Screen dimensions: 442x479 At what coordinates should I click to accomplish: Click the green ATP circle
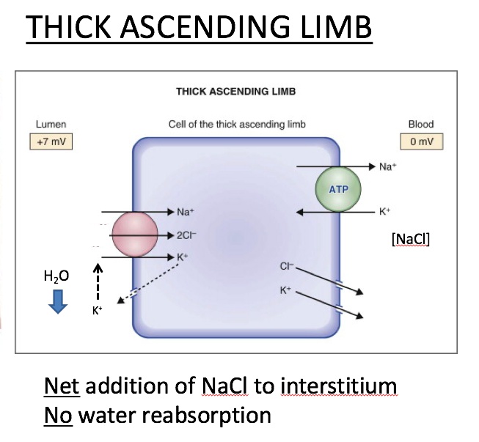click(339, 188)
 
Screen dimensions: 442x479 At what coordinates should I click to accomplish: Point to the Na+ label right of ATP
click(389, 167)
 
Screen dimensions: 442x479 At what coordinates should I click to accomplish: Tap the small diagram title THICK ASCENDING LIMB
click(235, 92)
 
